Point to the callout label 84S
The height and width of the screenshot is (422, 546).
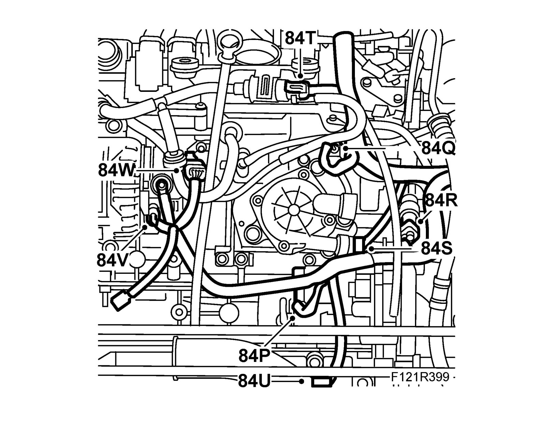(437, 249)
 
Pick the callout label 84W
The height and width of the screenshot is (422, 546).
(116, 169)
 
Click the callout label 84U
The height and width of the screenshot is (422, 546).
(254, 381)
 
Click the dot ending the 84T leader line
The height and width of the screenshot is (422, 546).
(300, 76)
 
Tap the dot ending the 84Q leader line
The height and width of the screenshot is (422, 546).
(345, 149)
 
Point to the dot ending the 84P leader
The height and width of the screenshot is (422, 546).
(292, 318)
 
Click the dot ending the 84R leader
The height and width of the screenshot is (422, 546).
(420, 221)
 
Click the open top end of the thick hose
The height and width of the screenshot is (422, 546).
(343, 36)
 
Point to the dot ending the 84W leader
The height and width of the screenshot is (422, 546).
(176, 170)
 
